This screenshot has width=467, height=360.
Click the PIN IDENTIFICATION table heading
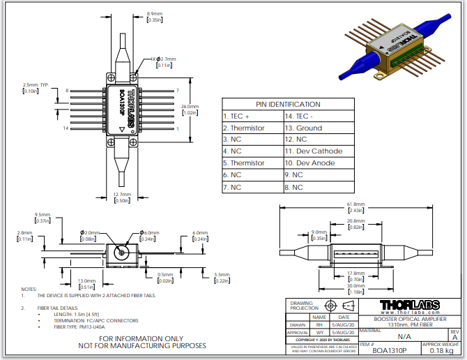288,104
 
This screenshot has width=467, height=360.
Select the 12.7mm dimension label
122,194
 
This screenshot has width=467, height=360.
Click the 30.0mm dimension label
355,285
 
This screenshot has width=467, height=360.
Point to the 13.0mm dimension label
86,280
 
